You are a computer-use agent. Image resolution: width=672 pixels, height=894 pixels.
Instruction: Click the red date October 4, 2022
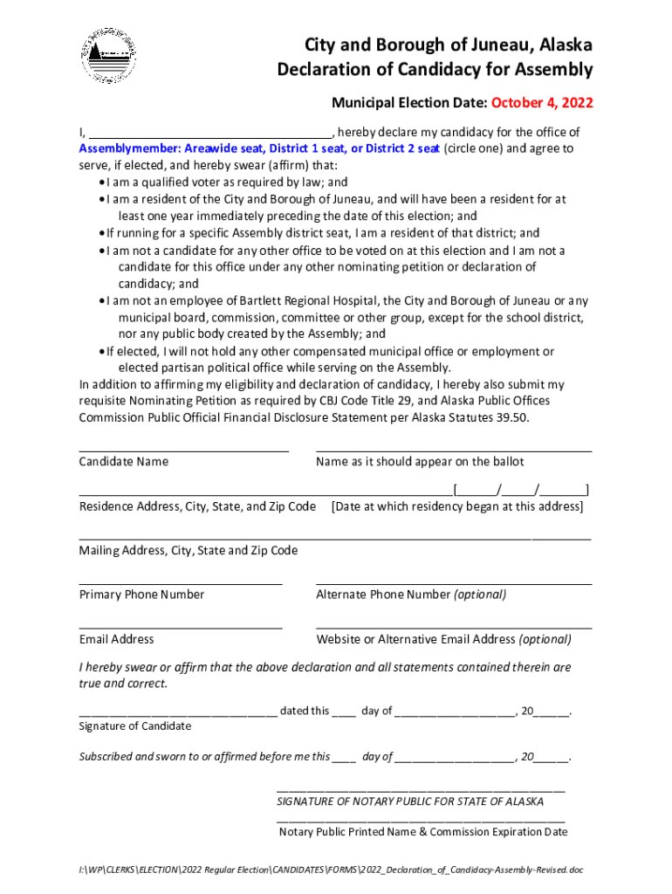pos(542,103)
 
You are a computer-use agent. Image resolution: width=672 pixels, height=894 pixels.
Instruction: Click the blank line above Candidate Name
pos(183,450)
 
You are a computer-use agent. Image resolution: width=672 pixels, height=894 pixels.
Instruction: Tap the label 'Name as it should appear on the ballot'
pos(420,462)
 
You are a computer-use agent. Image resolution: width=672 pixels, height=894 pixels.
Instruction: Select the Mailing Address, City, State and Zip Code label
pos(189,551)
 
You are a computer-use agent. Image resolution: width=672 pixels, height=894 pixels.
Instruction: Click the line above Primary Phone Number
pos(181,582)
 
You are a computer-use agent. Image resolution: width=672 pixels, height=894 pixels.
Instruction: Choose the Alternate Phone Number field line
pos(454,582)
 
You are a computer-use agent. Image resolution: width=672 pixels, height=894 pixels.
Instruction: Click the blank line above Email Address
pos(181,627)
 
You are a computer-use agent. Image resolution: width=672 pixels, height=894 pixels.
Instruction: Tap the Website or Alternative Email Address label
pos(443,639)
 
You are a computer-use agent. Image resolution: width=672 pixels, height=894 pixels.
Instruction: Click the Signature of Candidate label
pos(135,726)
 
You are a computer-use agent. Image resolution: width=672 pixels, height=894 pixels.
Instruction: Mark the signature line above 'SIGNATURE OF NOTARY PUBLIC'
pos(421,789)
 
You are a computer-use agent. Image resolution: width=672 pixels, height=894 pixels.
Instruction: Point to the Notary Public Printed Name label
pos(422,832)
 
